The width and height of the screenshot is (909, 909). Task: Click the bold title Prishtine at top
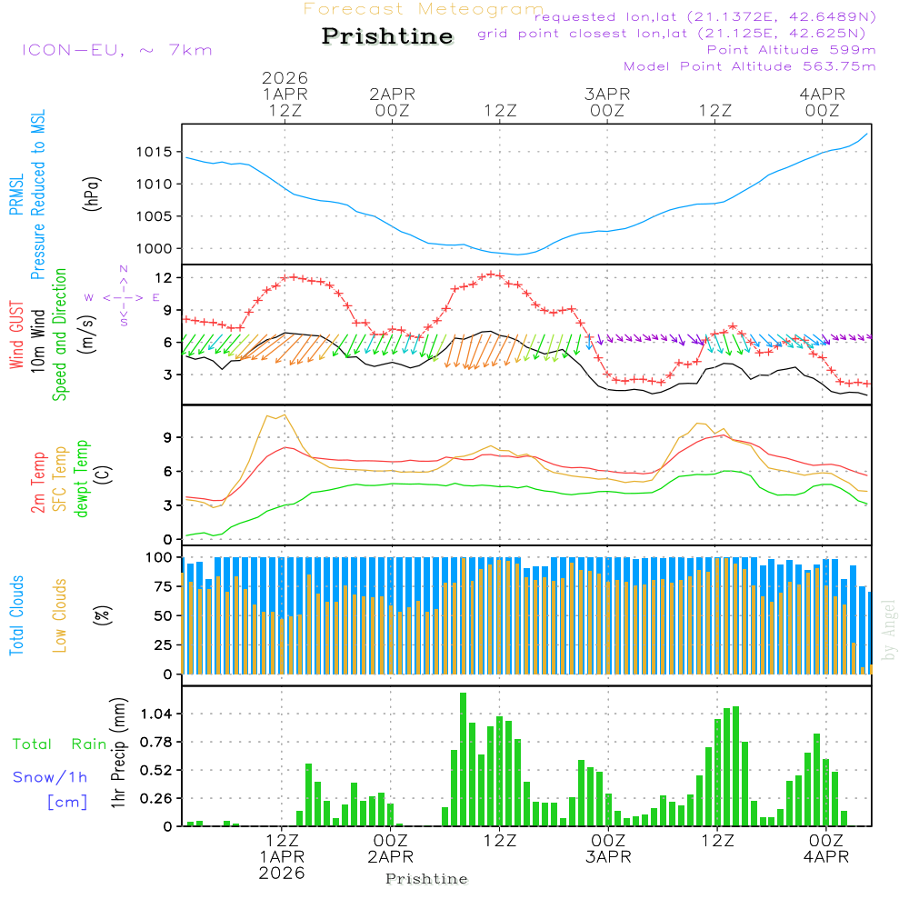(387, 36)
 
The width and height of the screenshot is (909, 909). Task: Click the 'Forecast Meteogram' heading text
(424, 9)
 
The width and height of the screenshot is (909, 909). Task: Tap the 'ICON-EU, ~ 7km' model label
(116, 50)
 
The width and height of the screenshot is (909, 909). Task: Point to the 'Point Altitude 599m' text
(791, 50)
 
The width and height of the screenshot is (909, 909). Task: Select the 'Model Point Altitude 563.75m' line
(750, 66)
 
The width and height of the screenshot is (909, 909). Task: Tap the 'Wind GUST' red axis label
(16, 336)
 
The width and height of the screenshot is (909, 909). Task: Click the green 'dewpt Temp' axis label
(82, 479)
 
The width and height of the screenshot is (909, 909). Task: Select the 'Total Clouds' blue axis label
(16, 615)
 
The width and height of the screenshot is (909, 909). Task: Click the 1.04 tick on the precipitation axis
(154, 714)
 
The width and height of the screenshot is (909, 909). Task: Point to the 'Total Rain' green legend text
(60, 744)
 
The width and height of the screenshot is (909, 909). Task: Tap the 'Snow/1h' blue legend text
(51, 778)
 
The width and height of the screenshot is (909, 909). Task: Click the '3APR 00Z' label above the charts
(607, 102)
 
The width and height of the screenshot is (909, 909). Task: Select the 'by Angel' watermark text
(889, 630)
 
